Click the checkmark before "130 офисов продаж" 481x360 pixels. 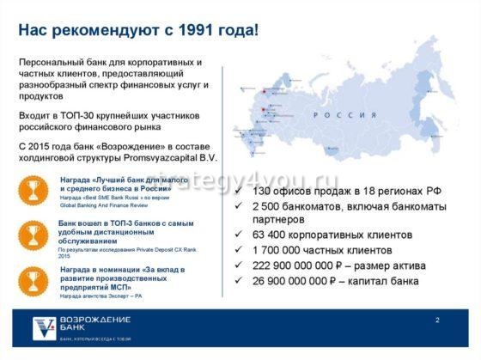tap(239, 190)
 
